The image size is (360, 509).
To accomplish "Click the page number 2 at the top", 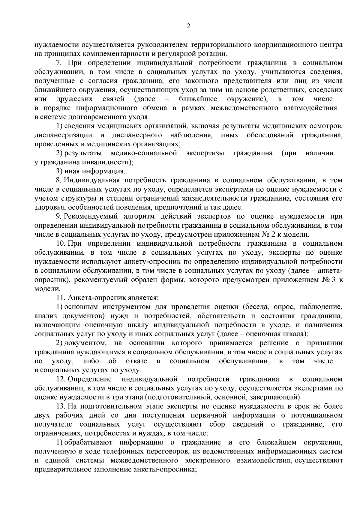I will tap(188, 26).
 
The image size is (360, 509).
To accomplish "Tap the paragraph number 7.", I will tap(58, 63).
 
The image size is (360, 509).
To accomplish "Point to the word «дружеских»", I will tap(74, 99).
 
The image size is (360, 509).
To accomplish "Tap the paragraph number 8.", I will tap(58, 180).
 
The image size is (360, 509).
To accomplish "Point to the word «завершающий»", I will tap(278, 397).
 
